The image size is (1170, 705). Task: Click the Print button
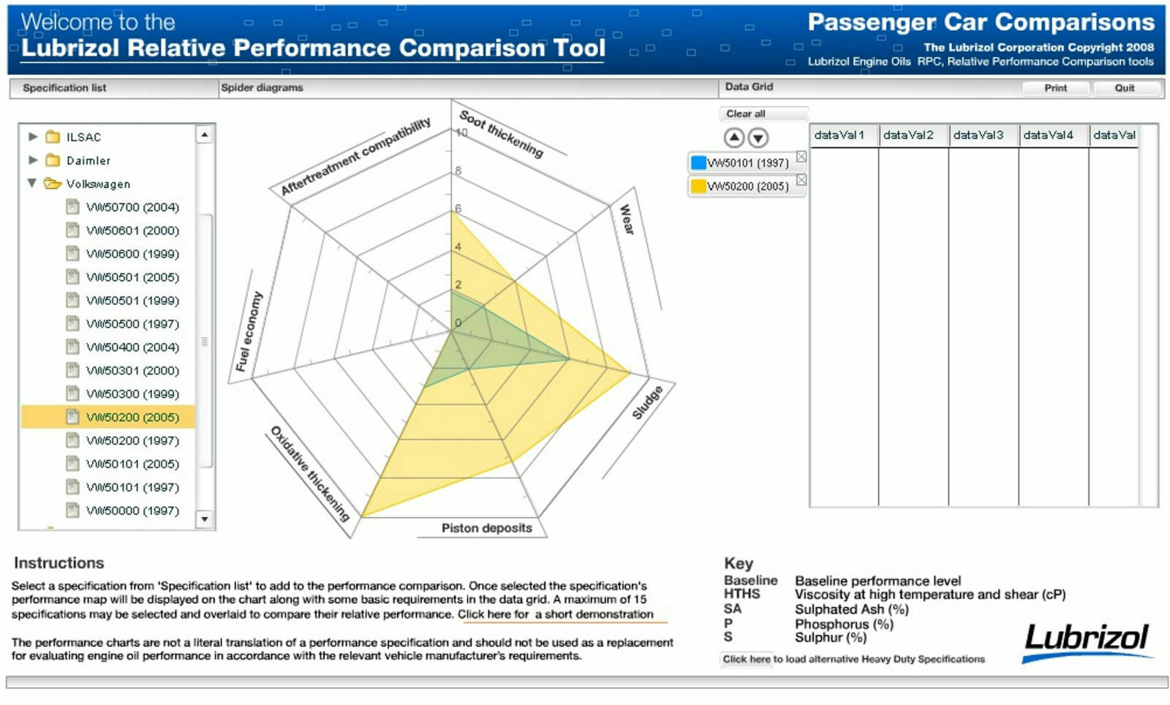[x=1055, y=88]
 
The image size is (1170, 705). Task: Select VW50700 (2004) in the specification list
[x=132, y=207]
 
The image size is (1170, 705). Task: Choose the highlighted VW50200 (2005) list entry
[x=132, y=417]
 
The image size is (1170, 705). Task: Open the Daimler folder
[x=88, y=160]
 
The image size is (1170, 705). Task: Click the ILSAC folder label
[x=83, y=137]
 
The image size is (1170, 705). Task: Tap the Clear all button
[x=746, y=113]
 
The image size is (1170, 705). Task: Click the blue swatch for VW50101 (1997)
[x=698, y=162]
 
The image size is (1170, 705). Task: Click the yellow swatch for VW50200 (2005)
[x=698, y=186]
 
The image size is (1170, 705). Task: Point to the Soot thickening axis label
[x=502, y=134]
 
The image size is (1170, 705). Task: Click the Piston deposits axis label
[x=486, y=528]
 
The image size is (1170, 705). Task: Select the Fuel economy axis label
[x=249, y=331]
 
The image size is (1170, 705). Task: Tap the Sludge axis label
[x=646, y=402]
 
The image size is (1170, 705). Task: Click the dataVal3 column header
[x=978, y=135]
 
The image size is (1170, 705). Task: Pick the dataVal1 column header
[x=839, y=135]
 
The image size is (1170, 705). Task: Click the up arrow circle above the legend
[x=734, y=137]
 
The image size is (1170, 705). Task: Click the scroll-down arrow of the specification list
[x=205, y=519]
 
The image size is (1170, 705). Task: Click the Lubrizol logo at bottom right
[x=1087, y=639]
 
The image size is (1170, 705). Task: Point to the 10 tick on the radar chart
[x=461, y=132]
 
